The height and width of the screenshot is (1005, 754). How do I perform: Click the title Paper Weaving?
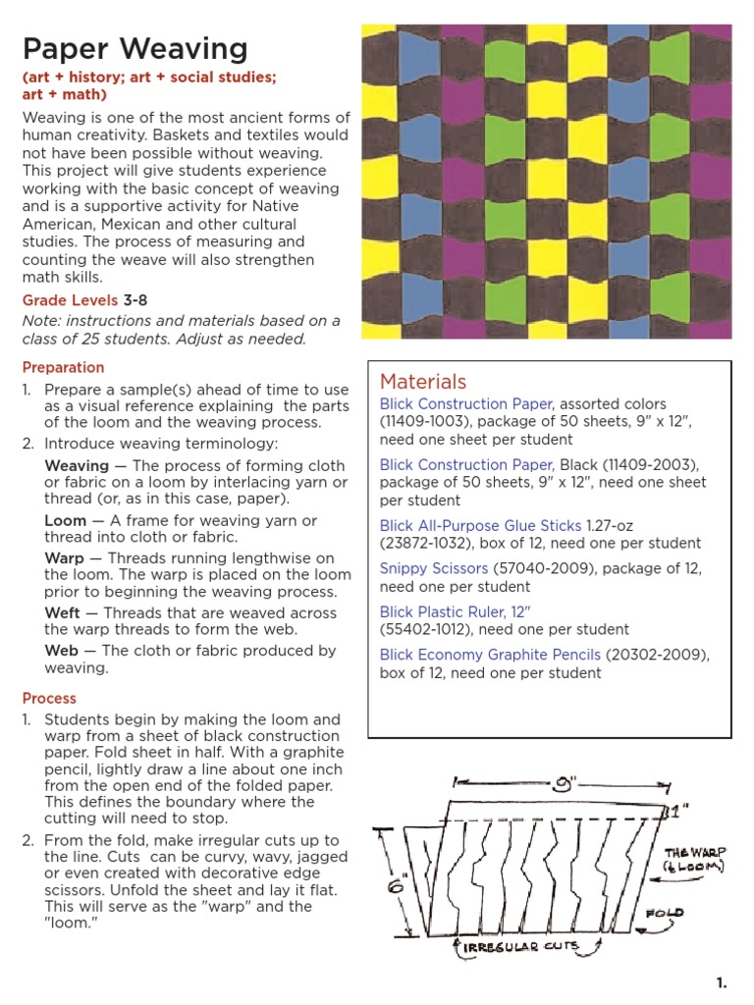pyautogui.click(x=135, y=49)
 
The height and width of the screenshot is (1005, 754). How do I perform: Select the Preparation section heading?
pyautogui.click(x=63, y=367)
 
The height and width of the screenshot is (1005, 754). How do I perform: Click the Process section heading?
pyautogui.click(x=49, y=698)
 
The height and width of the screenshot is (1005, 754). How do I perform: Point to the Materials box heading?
pyautogui.click(x=423, y=382)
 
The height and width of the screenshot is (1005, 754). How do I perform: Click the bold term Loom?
pyautogui.click(x=66, y=520)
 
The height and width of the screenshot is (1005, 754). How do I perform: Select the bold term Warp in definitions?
pyautogui.click(x=65, y=557)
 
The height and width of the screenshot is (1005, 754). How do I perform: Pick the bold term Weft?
pyautogui.click(x=64, y=613)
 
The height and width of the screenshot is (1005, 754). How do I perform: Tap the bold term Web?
pyautogui.click(x=62, y=651)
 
